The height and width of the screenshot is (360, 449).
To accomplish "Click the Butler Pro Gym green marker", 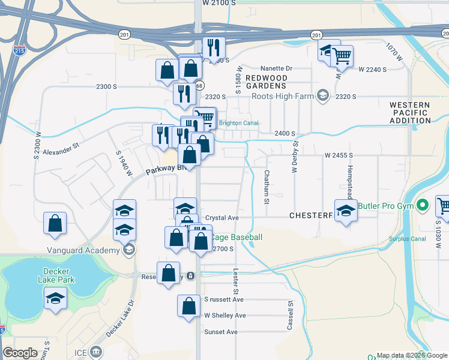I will (x=422, y=206).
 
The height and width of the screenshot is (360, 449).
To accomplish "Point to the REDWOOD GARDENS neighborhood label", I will (x=267, y=82).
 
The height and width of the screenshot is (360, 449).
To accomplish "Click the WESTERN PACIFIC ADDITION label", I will (x=410, y=113).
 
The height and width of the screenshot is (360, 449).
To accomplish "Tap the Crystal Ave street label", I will (x=222, y=218).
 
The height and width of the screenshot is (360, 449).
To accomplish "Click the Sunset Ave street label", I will (x=221, y=332).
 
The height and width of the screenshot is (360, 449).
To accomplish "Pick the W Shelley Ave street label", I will (x=225, y=316).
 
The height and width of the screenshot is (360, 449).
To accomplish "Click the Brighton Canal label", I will (x=239, y=124).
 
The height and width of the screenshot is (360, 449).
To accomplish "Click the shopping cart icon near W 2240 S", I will (x=342, y=56).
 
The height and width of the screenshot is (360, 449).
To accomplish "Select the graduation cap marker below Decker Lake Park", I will (x=55, y=298).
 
